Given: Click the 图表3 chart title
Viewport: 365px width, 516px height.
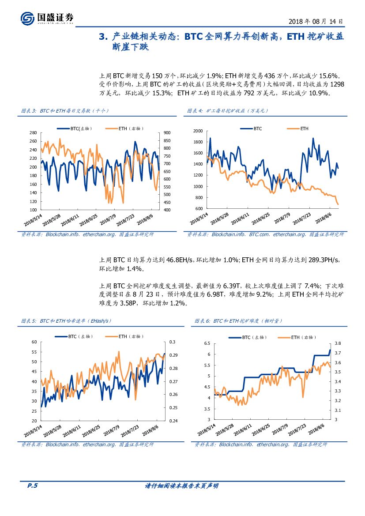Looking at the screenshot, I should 65,110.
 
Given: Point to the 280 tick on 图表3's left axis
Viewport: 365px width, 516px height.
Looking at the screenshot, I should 33,133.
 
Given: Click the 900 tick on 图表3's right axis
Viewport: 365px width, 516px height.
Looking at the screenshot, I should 167,133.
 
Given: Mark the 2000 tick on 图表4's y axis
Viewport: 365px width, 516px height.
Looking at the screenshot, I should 198,131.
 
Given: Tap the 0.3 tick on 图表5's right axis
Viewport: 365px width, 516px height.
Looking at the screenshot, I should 173,342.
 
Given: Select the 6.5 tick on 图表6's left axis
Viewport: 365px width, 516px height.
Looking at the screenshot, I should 207,343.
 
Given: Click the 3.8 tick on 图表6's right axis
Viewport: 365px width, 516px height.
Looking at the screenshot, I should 338,343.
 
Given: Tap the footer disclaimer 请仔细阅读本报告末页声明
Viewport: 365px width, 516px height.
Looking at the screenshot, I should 182,486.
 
